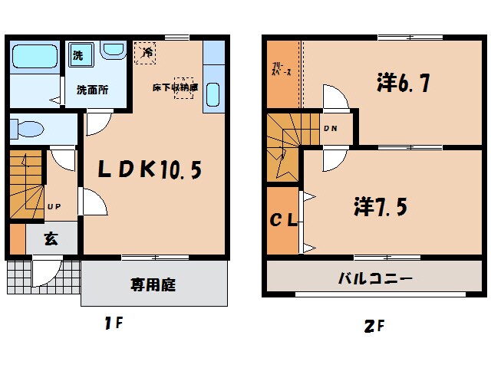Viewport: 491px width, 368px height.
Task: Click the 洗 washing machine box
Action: pyautogui.click(x=77, y=55)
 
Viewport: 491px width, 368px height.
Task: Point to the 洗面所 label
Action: pyautogui.click(x=91, y=89)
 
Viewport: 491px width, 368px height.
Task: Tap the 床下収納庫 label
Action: pyautogui.click(x=174, y=87)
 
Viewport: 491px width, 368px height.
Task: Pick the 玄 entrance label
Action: pyautogui.click(x=51, y=239)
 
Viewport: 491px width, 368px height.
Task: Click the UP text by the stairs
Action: pyautogui.click(x=54, y=206)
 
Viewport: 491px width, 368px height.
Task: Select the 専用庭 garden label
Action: pyautogui.click(x=153, y=285)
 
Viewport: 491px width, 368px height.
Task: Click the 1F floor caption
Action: pyautogui.click(x=114, y=324)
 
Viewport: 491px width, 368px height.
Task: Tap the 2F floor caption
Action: pyautogui.click(x=374, y=326)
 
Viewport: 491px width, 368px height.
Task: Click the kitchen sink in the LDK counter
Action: pyautogui.click(x=213, y=97)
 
